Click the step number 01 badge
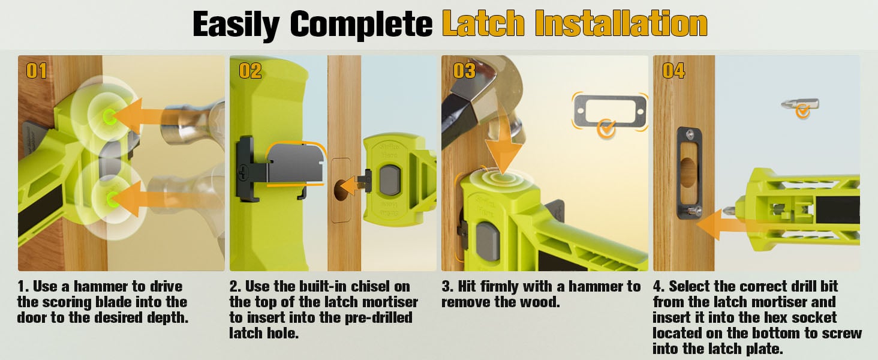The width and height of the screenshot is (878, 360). click(x=37, y=71)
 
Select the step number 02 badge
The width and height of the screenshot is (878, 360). click(x=250, y=71)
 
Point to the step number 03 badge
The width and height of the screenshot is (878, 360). click(x=464, y=71)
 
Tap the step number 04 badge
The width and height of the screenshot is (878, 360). click(x=673, y=71)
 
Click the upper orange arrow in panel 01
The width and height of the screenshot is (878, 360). click(x=137, y=116)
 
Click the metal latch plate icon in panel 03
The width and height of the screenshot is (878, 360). click(x=610, y=111)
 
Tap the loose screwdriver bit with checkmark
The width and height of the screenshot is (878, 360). click(x=799, y=105)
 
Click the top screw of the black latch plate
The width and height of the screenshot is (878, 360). click(x=690, y=135)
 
